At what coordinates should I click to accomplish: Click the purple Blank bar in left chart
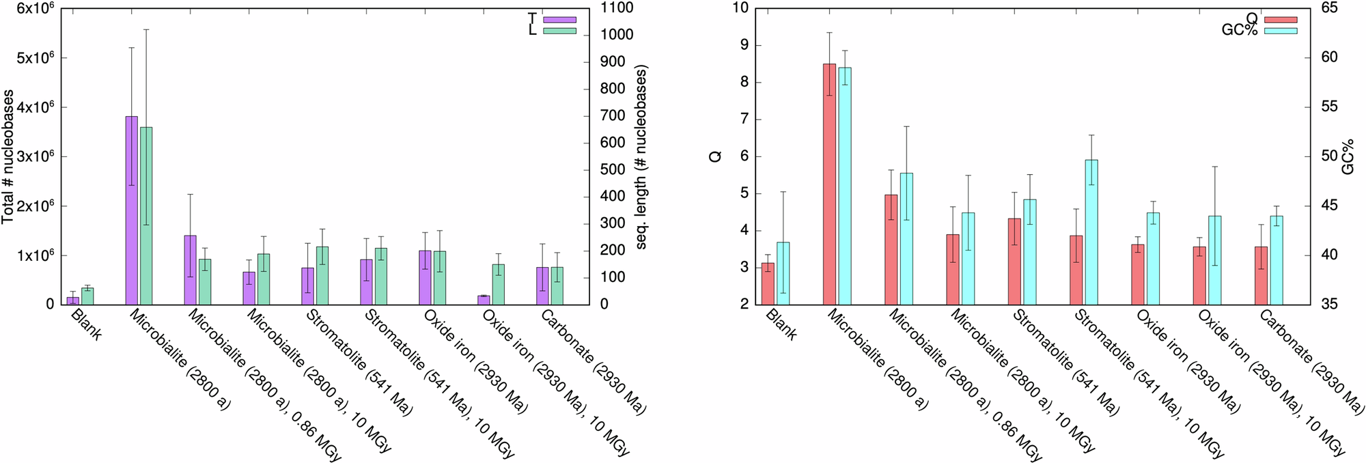(72, 300)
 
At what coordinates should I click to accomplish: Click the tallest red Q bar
(829, 184)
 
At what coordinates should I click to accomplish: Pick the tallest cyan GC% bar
(845, 186)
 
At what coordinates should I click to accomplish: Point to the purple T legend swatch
(559, 20)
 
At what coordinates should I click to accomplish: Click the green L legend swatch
(559, 31)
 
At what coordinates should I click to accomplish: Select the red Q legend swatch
(1280, 20)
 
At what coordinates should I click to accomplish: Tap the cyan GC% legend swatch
(1280, 31)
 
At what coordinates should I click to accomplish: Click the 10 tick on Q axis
(740, 8)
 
